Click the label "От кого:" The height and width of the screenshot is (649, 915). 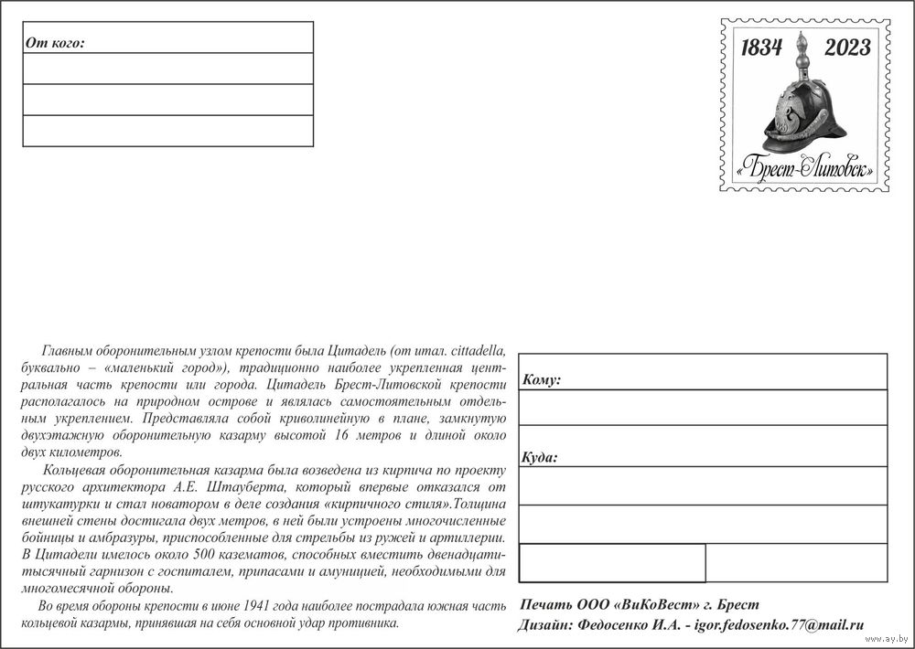pyautogui.click(x=56, y=42)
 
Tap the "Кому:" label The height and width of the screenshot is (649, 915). pyautogui.click(x=542, y=379)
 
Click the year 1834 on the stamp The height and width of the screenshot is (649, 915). pyautogui.click(x=761, y=48)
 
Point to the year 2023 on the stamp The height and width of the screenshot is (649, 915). pyautogui.click(x=847, y=48)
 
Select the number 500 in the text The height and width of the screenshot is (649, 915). pyautogui.click(x=171, y=555)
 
